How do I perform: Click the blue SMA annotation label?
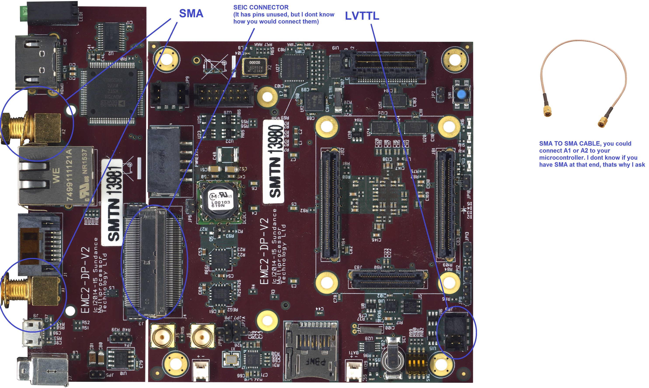click(191, 14)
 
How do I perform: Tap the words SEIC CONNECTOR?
click(261, 7)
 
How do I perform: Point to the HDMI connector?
click(37, 63)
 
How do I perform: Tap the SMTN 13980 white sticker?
click(274, 161)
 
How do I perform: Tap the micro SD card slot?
click(311, 350)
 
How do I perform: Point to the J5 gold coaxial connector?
click(162, 337)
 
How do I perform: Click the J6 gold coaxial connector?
click(202, 337)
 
